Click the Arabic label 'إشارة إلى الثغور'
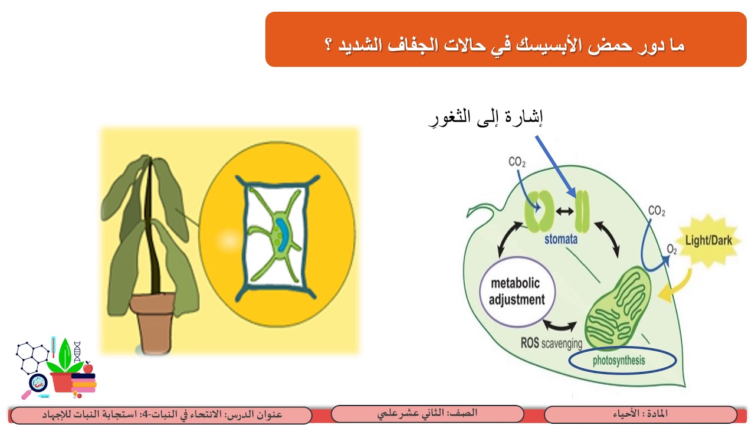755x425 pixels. pyautogui.click(x=485, y=117)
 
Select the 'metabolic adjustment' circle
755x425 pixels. pyautogui.click(x=517, y=292)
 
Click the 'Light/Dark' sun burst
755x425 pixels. pyautogui.click(x=708, y=241)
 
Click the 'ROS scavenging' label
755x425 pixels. pyautogui.click(x=551, y=343)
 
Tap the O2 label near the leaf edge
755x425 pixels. pyautogui.click(x=671, y=249)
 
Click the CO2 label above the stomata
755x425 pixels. pyautogui.click(x=517, y=161)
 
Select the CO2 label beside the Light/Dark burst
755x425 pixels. pyautogui.click(x=656, y=211)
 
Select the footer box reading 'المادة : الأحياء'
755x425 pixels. pyautogui.click(x=640, y=414)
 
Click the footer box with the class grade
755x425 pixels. pyautogui.click(x=428, y=414)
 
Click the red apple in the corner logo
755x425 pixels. pyautogui.click(x=88, y=368)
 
